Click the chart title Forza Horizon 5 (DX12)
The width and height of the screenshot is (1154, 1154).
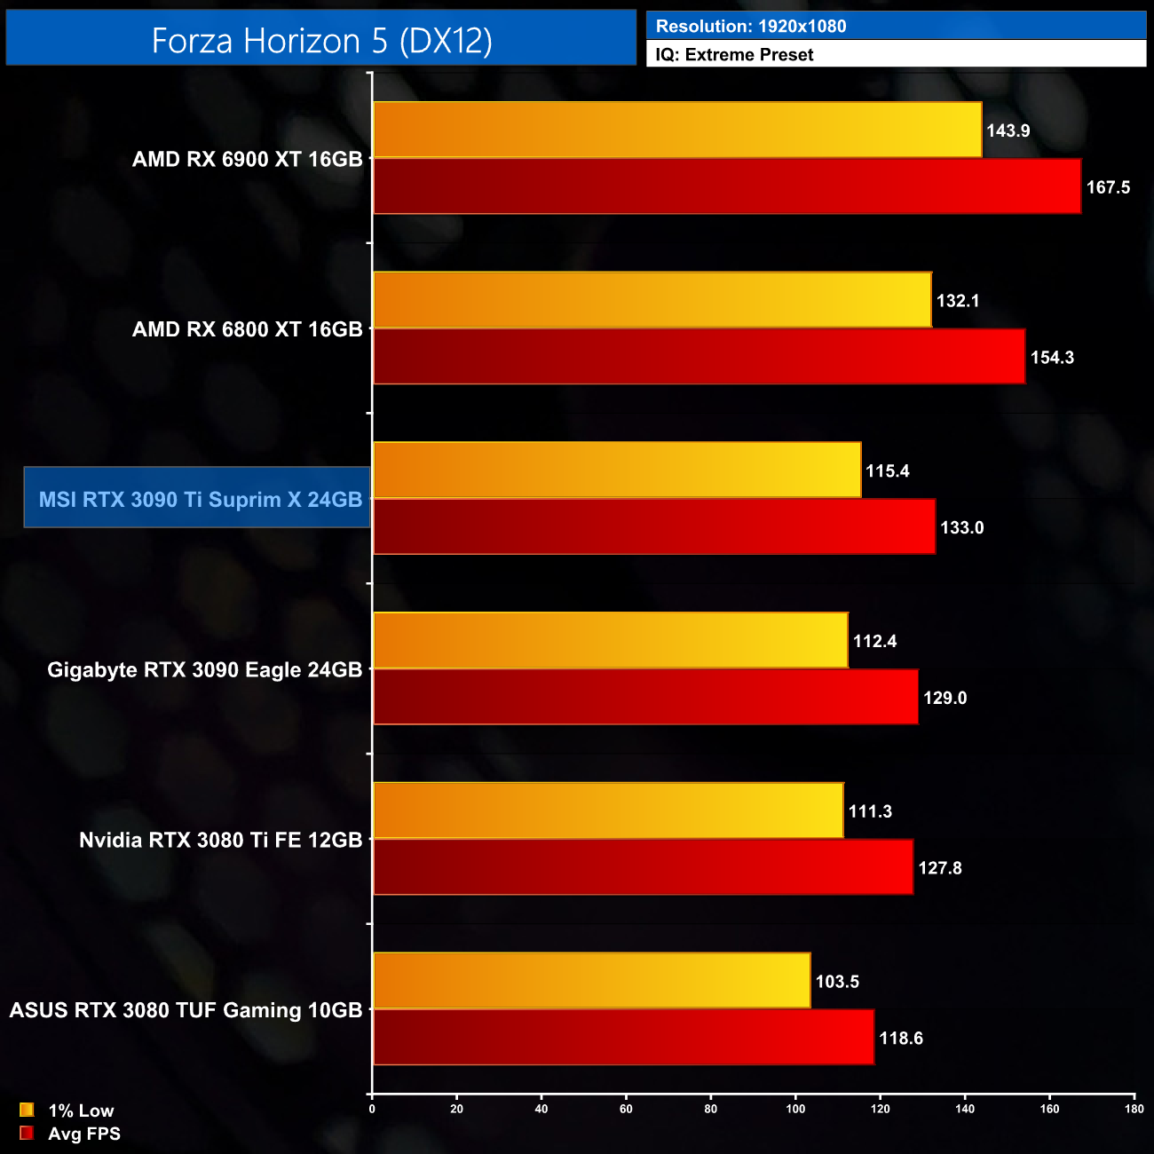coord(321,41)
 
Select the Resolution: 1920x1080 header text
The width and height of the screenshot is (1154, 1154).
coord(751,27)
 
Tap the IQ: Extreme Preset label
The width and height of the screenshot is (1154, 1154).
coord(734,55)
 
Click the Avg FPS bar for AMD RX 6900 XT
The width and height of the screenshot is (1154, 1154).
coord(727,186)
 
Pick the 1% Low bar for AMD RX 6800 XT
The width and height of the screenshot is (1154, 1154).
coord(652,300)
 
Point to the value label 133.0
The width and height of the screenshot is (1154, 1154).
coord(962,527)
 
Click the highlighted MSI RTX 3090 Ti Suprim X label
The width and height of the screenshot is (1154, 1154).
coord(200,499)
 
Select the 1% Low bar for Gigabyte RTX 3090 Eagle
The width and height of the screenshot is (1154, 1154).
coord(611,640)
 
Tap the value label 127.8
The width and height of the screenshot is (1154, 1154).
coord(940,868)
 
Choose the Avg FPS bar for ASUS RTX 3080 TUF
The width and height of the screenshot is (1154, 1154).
coord(623,1037)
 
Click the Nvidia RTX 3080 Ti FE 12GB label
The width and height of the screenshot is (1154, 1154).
coord(220,840)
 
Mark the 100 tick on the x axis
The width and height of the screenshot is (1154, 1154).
coord(795,1109)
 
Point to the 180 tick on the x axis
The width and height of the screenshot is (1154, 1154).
coord(1134,1109)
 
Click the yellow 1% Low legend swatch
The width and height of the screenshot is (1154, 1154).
coord(27,1110)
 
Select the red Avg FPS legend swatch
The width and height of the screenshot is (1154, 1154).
coord(27,1133)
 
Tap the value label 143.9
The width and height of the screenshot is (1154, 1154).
coord(1008,130)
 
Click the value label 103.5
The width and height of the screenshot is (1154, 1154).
coord(837,982)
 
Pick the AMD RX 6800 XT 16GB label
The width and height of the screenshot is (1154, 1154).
coord(247,329)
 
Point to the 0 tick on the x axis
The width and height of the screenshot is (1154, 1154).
coord(372,1109)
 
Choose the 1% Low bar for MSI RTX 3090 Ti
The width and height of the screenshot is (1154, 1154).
coord(617,470)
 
